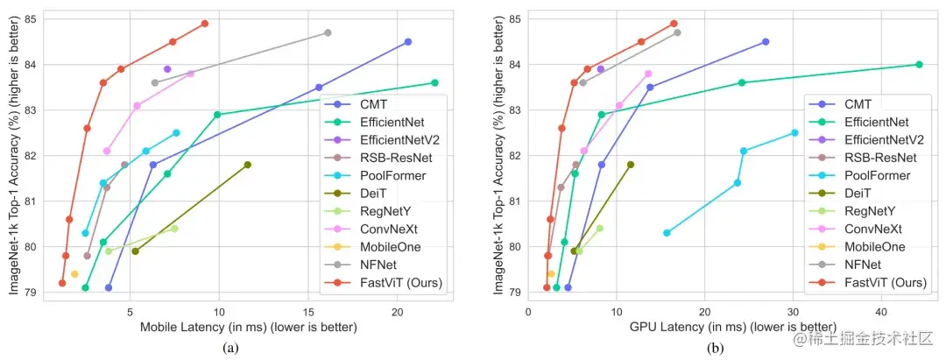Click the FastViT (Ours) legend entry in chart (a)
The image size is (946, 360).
click(x=395, y=282)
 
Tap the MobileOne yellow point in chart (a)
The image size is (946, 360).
click(x=74, y=274)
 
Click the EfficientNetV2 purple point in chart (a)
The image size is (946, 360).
click(x=167, y=68)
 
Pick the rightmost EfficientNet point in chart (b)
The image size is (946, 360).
click(x=919, y=64)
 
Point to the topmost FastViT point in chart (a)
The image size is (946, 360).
click(x=205, y=24)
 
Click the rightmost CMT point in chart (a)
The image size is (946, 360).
click(x=408, y=42)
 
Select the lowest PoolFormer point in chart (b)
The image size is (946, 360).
click(x=667, y=233)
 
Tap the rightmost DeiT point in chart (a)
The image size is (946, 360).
click(x=248, y=165)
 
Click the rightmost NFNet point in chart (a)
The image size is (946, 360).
click(x=328, y=32)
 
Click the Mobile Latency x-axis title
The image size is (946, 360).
click(x=248, y=328)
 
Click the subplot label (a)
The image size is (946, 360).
click(x=230, y=348)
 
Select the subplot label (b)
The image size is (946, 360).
click(x=717, y=348)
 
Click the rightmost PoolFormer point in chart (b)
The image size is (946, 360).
click(x=794, y=133)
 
